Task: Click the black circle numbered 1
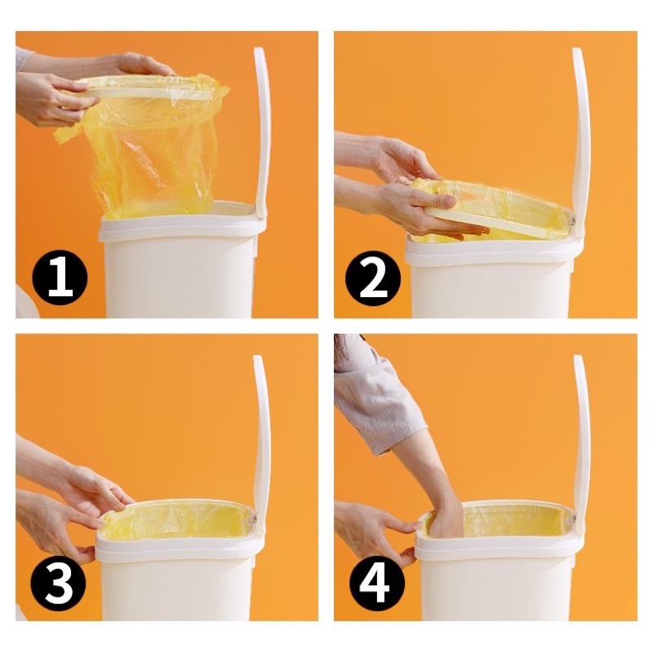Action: tap(60, 278)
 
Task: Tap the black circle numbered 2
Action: tap(374, 278)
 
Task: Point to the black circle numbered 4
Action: tap(376, 584)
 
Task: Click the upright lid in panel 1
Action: tap(260, 133)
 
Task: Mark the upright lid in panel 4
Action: tap(580, 442)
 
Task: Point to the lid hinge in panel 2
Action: tap(573, 220)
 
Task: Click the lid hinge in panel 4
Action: tap(574, 519)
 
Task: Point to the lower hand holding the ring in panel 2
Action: tap(416, 208)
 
